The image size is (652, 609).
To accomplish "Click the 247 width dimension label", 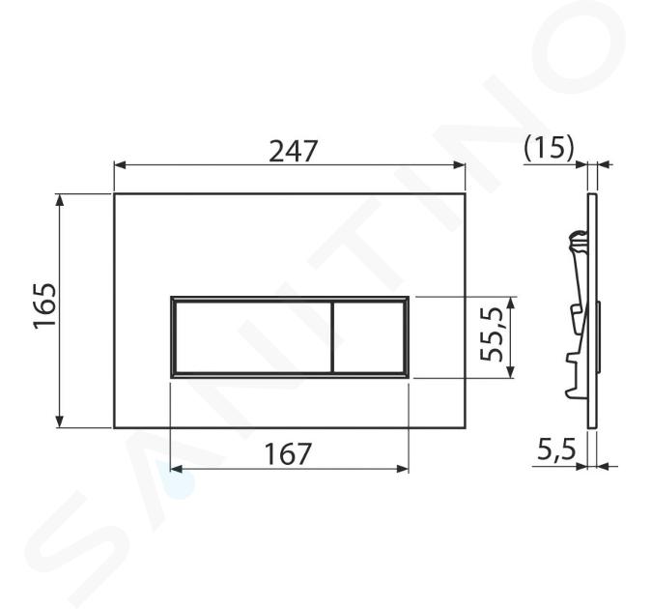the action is pyautogui.click(x=294, y=151).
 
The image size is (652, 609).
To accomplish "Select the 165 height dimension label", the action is pyautogui.click(x=44, y=306).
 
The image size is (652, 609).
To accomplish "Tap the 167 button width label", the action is pyautogui.click(x=288, y=453).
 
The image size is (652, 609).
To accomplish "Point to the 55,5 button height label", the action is pyautogui.click(x=492, y=334).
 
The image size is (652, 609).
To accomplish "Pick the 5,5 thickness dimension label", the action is pyautogui.click(x=556, y=449).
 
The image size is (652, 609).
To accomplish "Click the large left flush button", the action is pyautogui.click(x=253, y=336).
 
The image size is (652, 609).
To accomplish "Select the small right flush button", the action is pyautogui.click(x=369, y=336).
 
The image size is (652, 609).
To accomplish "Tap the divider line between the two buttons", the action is pyautogui.click(x=332, y=336).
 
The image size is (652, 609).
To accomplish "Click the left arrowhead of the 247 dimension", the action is pyautogui.click(x=120, y=165).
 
